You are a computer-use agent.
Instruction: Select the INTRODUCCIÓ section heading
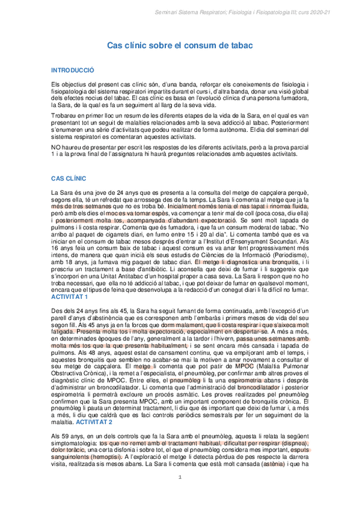point(73,70)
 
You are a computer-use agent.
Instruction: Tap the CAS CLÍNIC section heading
point(69,179)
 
